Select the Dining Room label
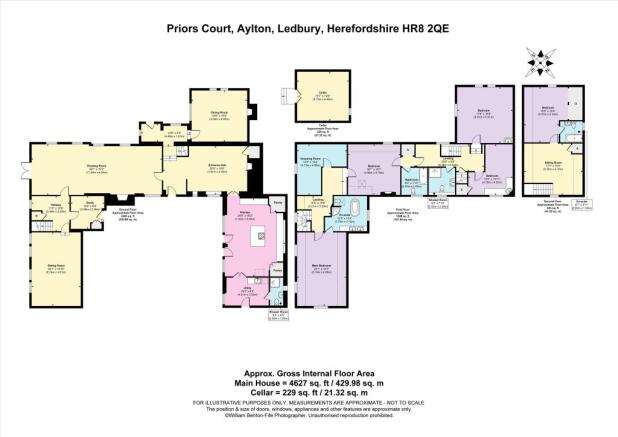click(207, 113)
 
